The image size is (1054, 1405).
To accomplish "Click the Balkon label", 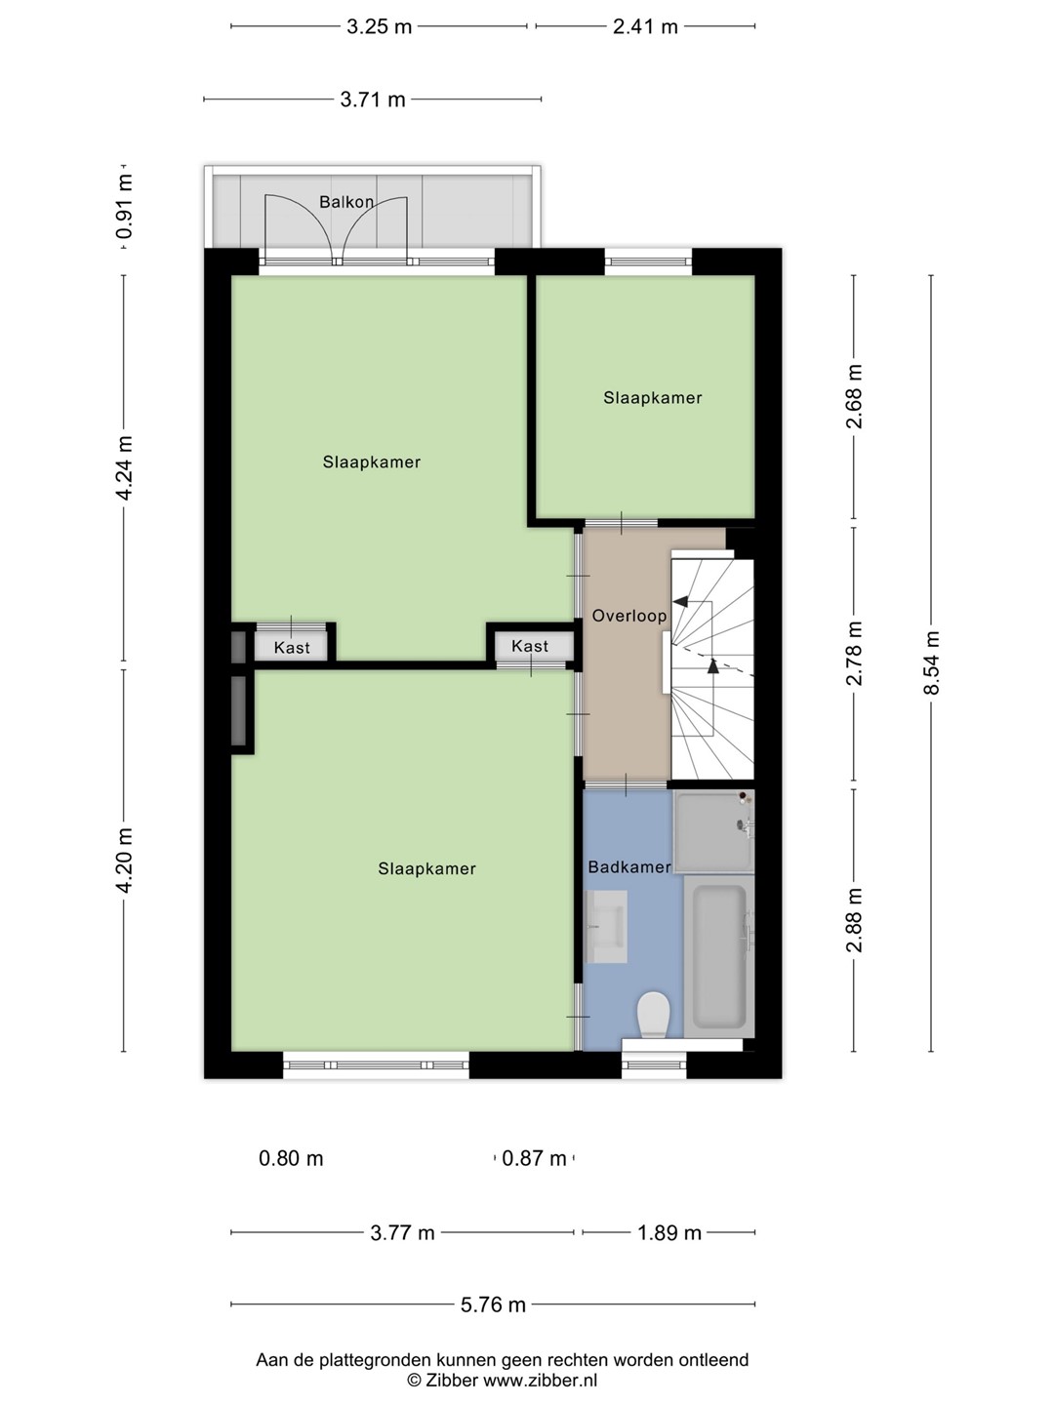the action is coord(346,202).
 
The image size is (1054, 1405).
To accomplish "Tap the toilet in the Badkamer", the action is coord(653,1015).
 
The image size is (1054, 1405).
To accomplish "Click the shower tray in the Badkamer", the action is coord(713,831).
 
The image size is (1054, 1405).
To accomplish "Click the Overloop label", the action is coord(629,616).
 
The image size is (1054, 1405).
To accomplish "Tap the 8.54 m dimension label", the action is coord(930,663).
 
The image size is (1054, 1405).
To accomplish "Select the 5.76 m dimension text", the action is coord(493,1305).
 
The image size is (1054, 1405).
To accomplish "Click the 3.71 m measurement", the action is coord(373,100).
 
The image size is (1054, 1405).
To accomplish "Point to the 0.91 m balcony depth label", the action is coord(124,207).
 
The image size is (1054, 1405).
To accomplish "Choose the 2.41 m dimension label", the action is coord(645,27).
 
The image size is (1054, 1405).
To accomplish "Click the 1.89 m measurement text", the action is coord(669,1233).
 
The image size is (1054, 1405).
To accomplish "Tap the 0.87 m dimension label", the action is coord(534,1158).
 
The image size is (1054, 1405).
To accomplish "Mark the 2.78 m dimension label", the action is coord(854,654).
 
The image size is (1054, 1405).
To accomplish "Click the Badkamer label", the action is coord(629,867).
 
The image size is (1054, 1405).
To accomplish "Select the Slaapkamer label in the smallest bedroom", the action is coord(653,398).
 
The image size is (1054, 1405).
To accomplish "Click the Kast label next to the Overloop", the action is coord(530,647).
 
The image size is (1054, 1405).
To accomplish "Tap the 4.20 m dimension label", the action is coord(124,861).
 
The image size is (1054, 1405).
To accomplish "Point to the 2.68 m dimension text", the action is coord(854,396).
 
